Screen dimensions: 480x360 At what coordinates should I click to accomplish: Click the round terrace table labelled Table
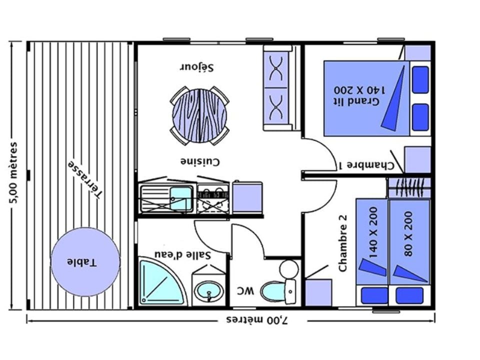pos(85,262)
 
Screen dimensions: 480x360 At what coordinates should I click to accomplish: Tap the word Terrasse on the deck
pos(85,179)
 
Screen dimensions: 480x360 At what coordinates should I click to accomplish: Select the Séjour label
pos(196,67)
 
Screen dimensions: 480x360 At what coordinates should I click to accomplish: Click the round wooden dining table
pos(199,115)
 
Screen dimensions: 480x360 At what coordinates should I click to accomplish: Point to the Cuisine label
pos(200,161)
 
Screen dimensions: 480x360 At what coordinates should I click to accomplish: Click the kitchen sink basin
pos(180,198)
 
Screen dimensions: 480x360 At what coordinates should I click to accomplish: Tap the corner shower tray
pos(162,282)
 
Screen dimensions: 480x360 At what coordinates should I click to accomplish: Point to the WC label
pos(245,290)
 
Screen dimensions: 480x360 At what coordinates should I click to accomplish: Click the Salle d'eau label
pos(183,254)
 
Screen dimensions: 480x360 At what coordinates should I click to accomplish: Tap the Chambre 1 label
pos(366,165)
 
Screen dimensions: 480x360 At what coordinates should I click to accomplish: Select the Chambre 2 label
pos(343,243)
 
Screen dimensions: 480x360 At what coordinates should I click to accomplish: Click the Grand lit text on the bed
pos(356,101)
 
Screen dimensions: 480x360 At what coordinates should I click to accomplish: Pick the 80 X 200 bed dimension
pos(408,233)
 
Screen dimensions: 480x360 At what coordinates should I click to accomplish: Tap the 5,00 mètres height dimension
pos(13,172)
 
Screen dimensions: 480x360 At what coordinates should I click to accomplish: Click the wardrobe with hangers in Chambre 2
pos(409,187)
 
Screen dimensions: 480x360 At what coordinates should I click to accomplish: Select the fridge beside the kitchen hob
pos(247,197)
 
